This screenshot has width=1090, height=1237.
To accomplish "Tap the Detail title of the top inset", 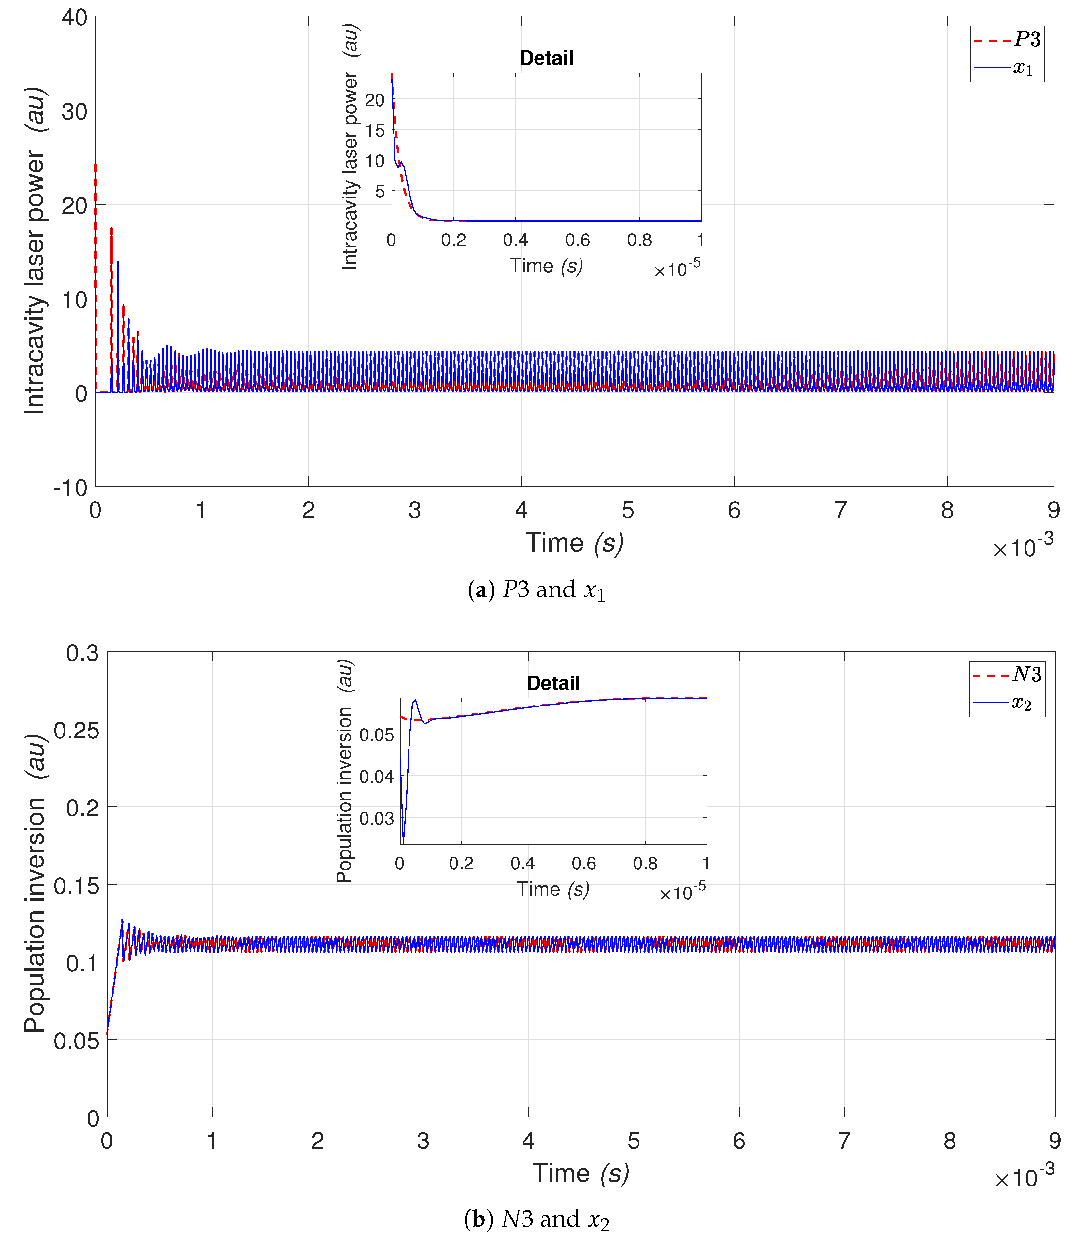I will (546, 58).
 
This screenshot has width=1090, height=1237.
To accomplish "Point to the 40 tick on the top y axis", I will (74, 18).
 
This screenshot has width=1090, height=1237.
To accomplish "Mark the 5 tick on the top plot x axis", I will (628, 511).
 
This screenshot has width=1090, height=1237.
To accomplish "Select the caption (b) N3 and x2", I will (537, 1219).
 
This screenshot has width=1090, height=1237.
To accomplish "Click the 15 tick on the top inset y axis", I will (375, 130).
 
